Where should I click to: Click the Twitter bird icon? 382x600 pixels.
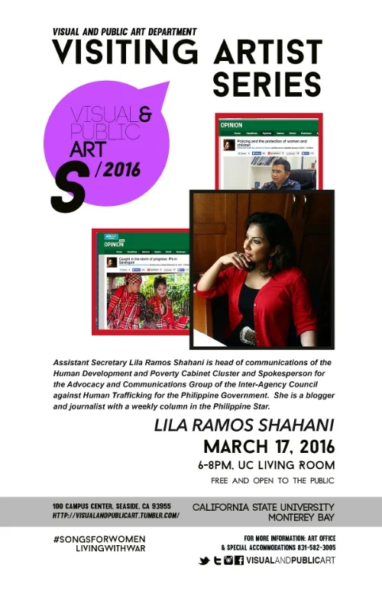click(x=204, y=561)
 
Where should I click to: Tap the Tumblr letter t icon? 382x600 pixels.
click(x=216, y=561)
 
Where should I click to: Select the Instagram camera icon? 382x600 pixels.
click(x=228, y=561)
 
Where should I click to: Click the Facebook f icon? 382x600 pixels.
click(x=239, y=561)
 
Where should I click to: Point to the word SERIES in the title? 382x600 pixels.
click(x=267, y=84)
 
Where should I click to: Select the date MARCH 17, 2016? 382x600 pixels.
click(x=268, y=445)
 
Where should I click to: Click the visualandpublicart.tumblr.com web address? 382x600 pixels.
click(x=116, y=515)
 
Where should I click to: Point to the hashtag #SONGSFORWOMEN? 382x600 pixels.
click(x=99, y=539)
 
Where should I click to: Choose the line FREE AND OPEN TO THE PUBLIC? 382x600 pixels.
click(x=272, y=481)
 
